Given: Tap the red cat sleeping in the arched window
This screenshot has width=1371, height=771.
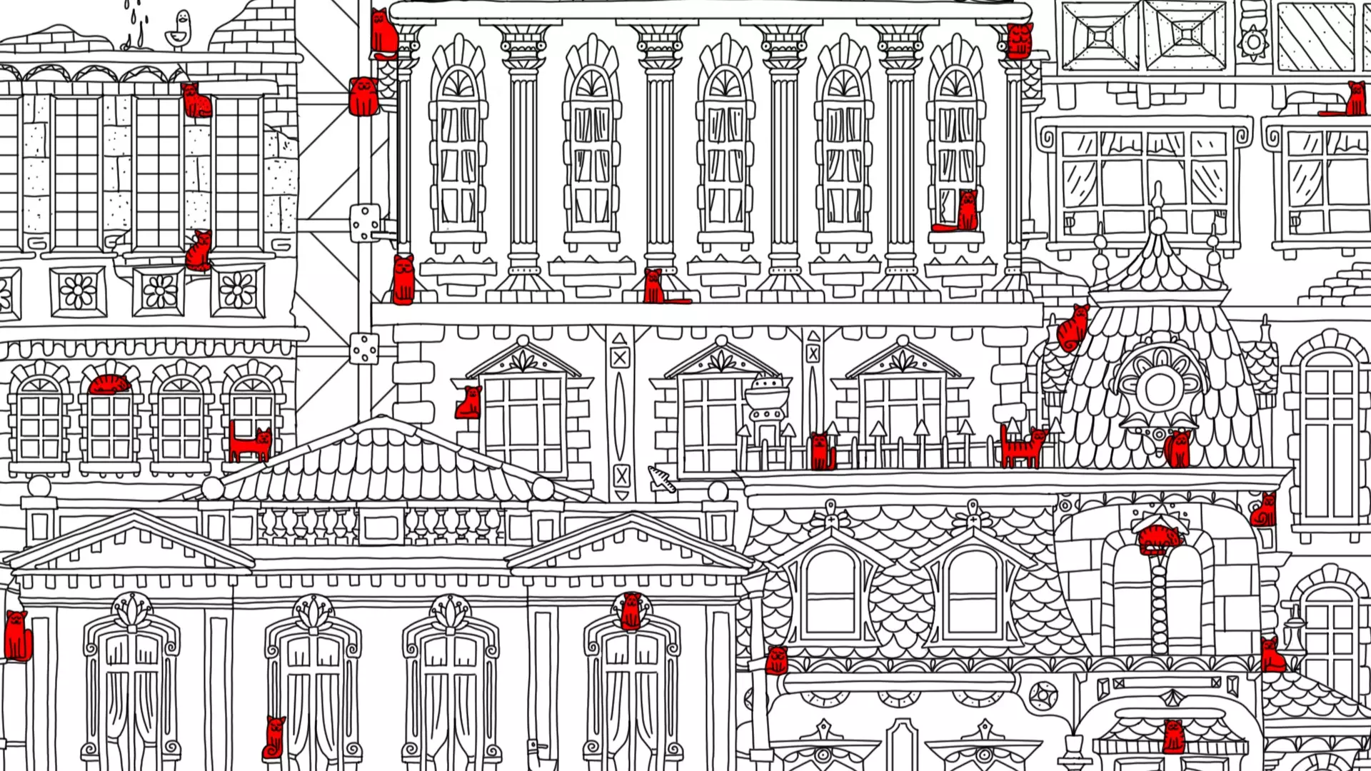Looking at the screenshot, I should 109,385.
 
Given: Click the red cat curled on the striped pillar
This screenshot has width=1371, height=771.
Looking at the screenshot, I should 1158,540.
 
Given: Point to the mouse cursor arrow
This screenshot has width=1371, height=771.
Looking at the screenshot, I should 661,479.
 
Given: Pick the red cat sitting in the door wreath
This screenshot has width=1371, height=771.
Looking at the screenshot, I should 631,611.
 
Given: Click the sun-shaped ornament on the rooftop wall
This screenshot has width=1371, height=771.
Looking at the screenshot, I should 1253,41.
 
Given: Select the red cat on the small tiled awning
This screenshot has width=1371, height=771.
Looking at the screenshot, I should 1173,737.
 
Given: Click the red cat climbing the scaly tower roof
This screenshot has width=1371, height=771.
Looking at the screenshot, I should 1072,328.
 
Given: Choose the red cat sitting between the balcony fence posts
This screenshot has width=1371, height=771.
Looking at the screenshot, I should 821,451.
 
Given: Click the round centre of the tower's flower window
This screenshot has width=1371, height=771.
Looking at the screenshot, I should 1159,387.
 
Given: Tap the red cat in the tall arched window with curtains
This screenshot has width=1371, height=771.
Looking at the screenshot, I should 960,213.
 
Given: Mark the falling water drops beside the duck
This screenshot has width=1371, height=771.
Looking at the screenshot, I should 136,21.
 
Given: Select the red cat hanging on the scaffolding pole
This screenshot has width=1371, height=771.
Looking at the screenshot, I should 363,97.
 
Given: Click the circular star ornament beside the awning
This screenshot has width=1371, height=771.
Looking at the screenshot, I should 1043,695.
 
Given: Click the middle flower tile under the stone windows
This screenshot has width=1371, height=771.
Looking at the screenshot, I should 159,292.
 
